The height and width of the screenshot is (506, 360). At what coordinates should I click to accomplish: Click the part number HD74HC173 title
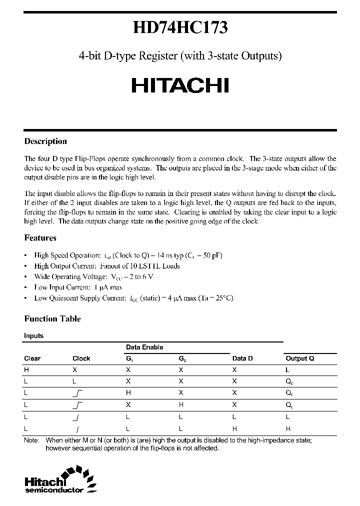180,27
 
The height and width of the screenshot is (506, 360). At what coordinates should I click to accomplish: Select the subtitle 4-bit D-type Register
180,56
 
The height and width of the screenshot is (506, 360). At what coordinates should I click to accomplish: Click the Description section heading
45,141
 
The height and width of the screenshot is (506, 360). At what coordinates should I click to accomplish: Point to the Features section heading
40,238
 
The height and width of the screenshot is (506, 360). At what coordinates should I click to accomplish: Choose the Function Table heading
52,318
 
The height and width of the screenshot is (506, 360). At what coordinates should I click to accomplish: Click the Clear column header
32,358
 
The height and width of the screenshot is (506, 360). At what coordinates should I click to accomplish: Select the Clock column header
81,358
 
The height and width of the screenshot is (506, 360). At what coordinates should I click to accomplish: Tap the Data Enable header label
144,347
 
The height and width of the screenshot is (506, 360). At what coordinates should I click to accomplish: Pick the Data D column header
242,358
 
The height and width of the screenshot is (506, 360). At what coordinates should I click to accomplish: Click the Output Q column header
299,358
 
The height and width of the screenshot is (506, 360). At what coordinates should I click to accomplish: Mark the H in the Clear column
26,370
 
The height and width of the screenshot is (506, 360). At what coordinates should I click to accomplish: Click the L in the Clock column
74,381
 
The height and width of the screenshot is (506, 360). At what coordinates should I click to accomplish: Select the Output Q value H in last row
287,428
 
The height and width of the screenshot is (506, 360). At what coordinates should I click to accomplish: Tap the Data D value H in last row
234,428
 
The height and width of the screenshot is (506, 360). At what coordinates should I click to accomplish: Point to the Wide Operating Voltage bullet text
93,276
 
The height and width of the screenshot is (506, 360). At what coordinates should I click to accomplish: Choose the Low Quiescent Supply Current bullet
133,298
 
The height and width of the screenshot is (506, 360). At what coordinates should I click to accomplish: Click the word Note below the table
31,440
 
